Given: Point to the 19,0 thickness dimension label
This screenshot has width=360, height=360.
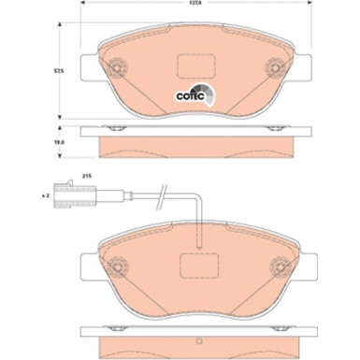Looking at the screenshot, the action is (59, 142).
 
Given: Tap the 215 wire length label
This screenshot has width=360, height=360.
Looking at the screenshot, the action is (86, 176).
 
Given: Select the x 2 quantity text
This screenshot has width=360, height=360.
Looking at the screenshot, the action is (45, 195).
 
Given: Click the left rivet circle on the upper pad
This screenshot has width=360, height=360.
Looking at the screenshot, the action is (117, 67).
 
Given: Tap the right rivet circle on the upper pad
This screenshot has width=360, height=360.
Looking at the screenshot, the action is (275, 67).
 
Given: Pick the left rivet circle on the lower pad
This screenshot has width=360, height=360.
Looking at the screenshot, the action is (118, 266).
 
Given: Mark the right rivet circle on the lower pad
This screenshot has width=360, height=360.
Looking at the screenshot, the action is (280, 266).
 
